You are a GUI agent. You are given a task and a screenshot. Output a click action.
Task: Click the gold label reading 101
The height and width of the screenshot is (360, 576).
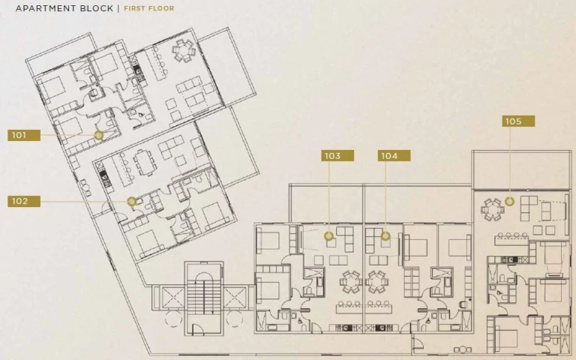point(24,135)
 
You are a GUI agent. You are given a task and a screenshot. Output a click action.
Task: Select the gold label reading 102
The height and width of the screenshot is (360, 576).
point(24,201)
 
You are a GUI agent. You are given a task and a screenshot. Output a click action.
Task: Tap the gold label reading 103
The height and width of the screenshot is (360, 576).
point(337,156)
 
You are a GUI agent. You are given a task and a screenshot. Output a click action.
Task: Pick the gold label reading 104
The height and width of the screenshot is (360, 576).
point(394,156)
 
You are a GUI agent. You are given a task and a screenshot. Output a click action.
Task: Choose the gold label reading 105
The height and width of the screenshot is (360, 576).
point(518,121)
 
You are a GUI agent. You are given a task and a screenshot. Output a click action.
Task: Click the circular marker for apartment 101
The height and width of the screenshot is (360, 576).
point(98,136)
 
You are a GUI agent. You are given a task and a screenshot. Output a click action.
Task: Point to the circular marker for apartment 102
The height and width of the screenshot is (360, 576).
point(132,201)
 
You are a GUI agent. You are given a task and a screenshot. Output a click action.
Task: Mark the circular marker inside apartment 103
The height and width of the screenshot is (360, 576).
point(328,235)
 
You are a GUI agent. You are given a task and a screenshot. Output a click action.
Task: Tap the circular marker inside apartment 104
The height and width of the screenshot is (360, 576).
point(385,235)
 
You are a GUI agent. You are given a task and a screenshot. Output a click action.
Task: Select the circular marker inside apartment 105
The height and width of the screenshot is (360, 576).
point(509,201)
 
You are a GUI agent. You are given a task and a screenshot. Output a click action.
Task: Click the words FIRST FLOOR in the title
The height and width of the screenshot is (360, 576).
point(148,8)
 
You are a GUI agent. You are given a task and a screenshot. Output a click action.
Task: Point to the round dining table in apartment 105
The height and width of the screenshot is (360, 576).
point(491,210)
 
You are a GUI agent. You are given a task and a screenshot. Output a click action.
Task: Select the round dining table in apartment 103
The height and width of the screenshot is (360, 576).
point(350,282)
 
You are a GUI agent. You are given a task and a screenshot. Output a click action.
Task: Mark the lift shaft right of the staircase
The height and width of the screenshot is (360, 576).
point(234,298)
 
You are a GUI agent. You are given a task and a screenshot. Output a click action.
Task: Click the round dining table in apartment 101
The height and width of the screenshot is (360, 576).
point(183,51)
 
